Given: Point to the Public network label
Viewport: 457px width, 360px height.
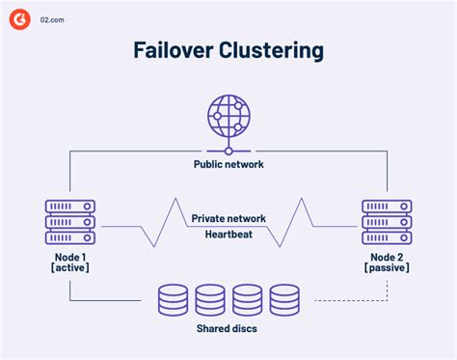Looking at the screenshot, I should pos(228,164).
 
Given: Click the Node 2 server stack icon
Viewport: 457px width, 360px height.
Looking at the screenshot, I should pos(387,223).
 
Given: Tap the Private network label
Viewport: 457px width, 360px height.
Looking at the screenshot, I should pos(228,219).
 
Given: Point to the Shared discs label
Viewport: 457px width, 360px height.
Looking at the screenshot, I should pos(228,332).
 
